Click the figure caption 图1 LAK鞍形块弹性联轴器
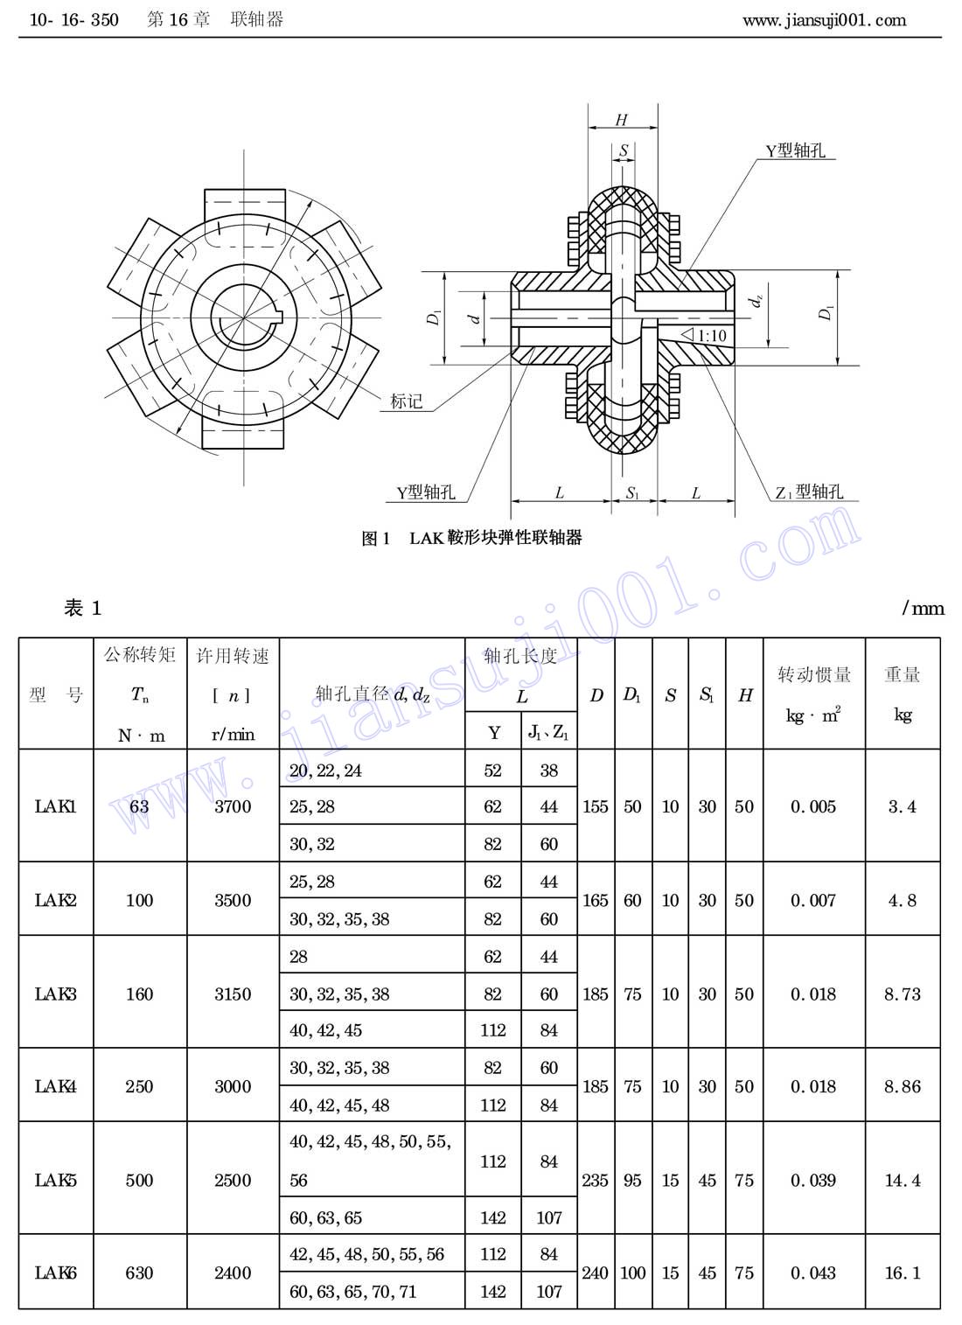(472, 538)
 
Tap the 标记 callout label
(406, 401)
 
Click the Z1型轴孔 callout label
(809, 492)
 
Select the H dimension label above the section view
(622, 120)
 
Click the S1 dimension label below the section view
(632, 493)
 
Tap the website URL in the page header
(824, 20)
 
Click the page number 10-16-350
(73, 20)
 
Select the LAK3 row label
(55, 994)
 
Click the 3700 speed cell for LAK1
(233, 806)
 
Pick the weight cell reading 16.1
(903, 1273)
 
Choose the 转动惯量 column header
(814, 674)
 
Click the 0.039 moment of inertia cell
(813, 1180)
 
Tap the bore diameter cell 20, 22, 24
(325, 771)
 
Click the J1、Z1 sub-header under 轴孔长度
(548, 732)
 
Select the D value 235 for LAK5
(595, 1180)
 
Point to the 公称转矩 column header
(140, 654)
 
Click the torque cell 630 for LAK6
(139, 1273)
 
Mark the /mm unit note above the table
(923, 608)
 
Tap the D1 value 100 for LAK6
(632, 1273)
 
